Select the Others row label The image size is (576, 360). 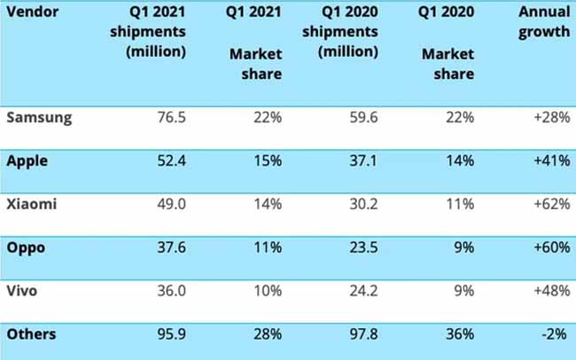pyautogui.click(x=31, y=334)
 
